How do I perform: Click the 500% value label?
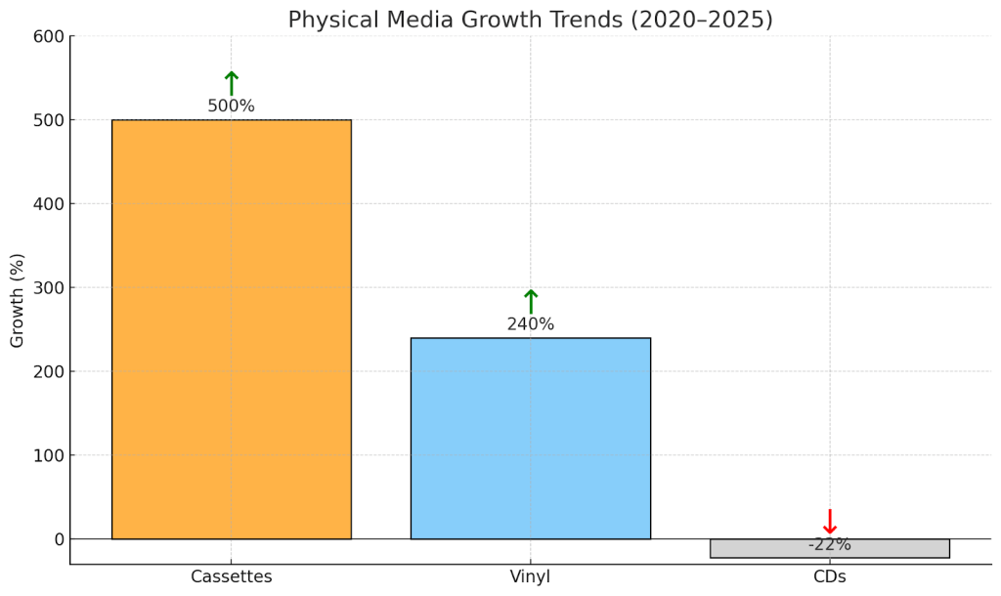(231, 106)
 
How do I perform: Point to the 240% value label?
(530, 324)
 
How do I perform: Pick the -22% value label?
(829, 545)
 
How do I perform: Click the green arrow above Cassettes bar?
(231, 83)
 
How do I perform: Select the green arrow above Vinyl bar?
(530, 301)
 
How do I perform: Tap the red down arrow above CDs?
(829, 522)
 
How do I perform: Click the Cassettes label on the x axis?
(231, 576)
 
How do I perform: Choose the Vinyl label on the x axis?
(530, 576)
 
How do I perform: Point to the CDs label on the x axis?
(829, 576)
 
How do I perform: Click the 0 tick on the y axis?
(59, 539)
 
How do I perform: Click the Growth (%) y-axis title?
(18, 300)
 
